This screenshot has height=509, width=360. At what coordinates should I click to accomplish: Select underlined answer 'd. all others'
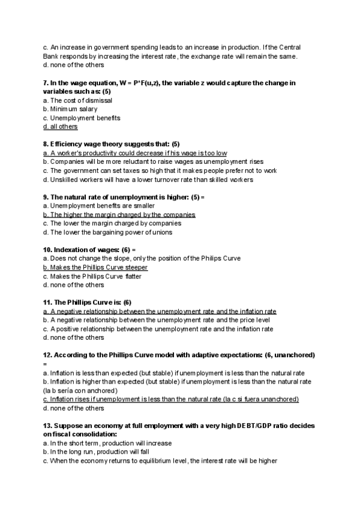[x=60, y=127]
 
